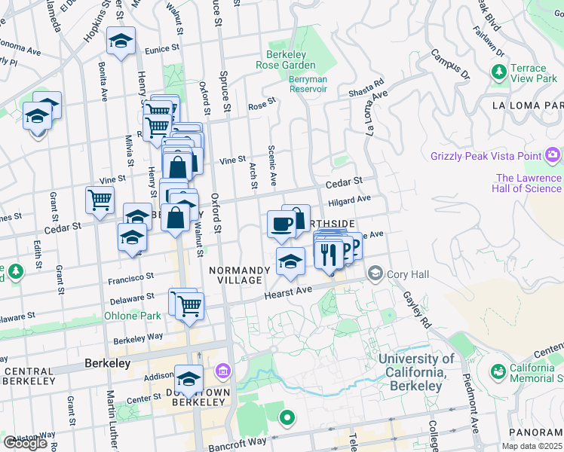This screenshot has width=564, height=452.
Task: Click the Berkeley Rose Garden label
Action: (290, 60)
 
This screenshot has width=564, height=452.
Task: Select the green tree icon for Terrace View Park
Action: (498, 72)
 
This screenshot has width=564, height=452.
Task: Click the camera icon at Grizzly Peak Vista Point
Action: (553, 155)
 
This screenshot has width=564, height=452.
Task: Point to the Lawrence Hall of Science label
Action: (528, 183)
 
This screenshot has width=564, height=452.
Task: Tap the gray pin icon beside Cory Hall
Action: (374, 274)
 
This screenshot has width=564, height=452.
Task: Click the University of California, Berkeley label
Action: (416, 372)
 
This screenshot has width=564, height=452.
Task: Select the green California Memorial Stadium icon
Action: (498, 372)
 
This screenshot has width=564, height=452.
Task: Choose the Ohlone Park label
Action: (132, 316)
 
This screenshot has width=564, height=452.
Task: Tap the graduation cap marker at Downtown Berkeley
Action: (189, 377)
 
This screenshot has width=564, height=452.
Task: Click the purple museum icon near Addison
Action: (222, 371)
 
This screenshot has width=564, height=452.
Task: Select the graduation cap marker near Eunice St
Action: (120, 42)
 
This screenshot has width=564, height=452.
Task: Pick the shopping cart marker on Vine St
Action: (100, 199)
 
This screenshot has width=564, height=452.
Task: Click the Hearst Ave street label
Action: (287, 292)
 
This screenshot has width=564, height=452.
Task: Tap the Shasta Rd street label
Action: (366, 87)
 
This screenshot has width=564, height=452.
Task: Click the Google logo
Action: (25, 443)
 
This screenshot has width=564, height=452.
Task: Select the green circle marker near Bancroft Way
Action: (287, 417)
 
